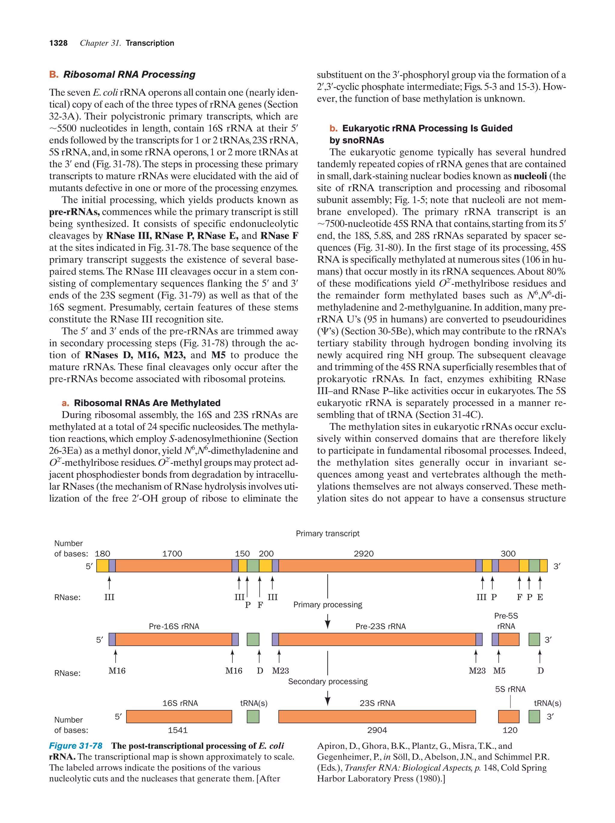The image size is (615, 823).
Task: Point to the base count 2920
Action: [363, 554]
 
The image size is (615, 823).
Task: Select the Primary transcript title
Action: [327, 534]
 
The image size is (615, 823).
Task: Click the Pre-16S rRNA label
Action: [174, 626]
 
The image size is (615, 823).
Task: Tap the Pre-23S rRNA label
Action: [380, 626]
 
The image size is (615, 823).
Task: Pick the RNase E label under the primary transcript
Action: [540, 597]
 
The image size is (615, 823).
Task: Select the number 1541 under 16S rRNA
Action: [177, 730]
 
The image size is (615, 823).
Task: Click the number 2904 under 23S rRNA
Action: [377, 730]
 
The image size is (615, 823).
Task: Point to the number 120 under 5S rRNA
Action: [510, 730]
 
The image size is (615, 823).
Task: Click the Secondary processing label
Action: [327, 681]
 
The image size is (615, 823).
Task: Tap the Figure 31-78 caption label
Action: [76, 746]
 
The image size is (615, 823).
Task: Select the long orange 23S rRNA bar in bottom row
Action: [377, 716]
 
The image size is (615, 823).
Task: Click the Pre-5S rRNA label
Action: [506, 621]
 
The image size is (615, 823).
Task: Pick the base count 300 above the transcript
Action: [508, 554]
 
